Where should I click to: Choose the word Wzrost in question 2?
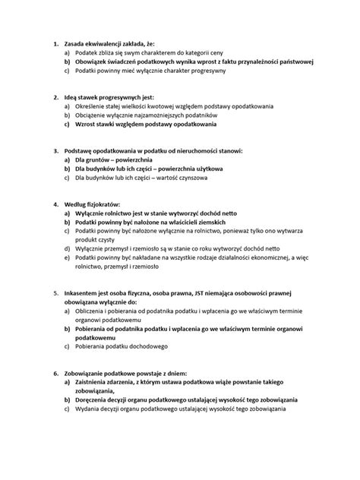(87, 124)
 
